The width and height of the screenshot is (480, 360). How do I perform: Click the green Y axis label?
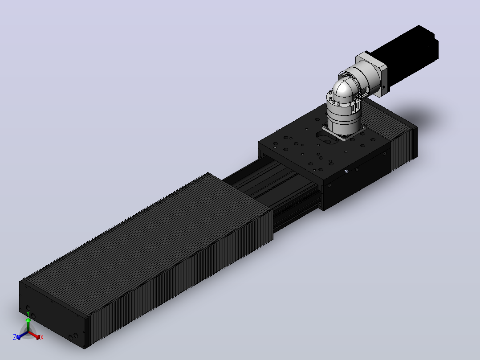tap(28, 313)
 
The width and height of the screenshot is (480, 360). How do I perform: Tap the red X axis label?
tap(42, 337)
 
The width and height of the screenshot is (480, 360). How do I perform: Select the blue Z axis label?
tap(15, 337)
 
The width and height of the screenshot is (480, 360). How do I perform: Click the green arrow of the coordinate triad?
tap(28, 324)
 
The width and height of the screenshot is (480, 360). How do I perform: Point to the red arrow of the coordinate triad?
tap(34, 335)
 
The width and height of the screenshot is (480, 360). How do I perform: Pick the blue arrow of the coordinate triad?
tap(22, 335)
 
